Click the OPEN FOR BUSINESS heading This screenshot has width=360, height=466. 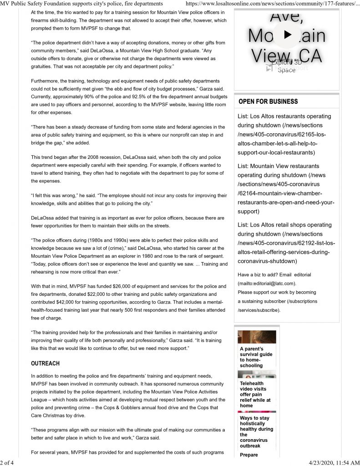[x=268, y=101]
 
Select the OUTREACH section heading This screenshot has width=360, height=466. [x=45, y=364]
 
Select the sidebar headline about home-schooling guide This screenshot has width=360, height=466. [x=256, y=357]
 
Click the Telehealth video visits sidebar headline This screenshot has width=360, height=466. [x=256, y=394]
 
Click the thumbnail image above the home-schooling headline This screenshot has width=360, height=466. [x=257, y=337]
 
